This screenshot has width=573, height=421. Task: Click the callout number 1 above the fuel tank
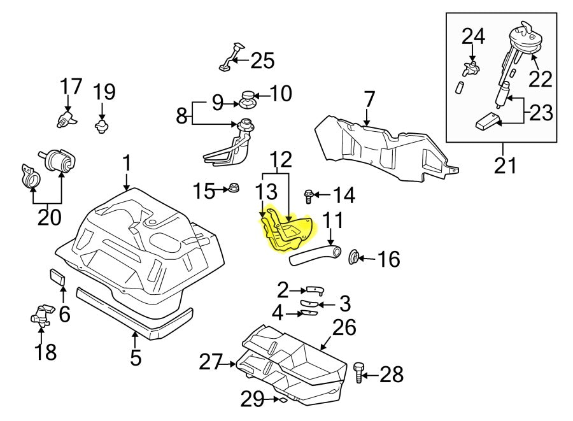coord(127,164)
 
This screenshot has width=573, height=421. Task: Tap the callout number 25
coord(262,61)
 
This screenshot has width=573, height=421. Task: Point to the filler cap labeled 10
coord(248,99)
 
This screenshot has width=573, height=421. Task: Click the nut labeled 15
coord(233,189)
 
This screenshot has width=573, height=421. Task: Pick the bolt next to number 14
coord(309,196)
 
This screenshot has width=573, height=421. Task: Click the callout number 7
coord(369,100)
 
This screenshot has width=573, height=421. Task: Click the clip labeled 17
coord(66,119)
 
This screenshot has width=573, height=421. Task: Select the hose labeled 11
coord(313,253)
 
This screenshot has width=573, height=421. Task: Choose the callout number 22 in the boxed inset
coord(541,78)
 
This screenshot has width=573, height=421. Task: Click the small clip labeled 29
coord(278,400)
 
